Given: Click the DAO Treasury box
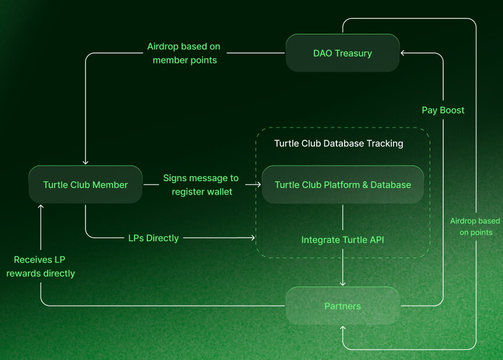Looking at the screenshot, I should pos(342,53).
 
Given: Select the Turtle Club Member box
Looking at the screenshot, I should pos(86,185).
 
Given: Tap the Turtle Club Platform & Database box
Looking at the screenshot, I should pos(342,185).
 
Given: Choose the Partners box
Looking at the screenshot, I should pos(342,306).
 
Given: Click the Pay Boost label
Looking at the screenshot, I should pos(443,110).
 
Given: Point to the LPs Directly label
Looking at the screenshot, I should pos(153,238).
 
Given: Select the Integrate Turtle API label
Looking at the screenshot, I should pos(342,239).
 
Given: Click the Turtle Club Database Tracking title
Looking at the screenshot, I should pos(338,143).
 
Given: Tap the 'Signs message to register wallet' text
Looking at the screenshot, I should pos(201,185).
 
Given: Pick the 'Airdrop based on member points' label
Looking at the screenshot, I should pos(184,53).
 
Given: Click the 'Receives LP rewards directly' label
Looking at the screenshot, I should pos(40,266).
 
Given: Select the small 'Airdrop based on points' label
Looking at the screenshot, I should pos(475,227).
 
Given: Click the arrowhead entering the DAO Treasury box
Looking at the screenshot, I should pos(402,53).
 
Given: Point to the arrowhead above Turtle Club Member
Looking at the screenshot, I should pos(86,163).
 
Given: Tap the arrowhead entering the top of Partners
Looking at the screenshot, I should pos(342,284).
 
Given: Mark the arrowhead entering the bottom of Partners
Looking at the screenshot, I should pos(342,328).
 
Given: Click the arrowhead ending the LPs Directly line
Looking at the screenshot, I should pos(253,238).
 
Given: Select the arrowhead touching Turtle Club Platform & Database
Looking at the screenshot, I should pos(258,185).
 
